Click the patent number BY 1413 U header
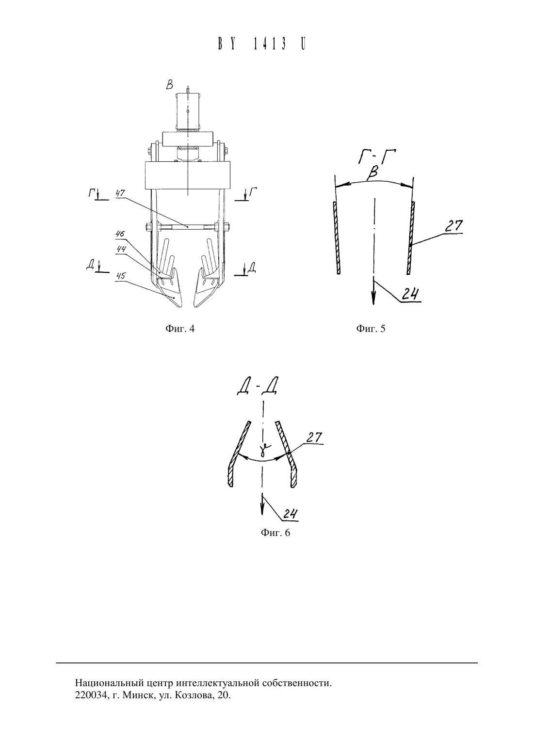(x=262, y=44)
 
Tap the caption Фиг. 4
(x=180, y=329)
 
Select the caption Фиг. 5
(x=371, y=329)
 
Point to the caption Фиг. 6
(x=275, y=533)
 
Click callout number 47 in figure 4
(x=120, y=193)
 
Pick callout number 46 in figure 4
(x=120, y=234)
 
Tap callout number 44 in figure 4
(x=121, y=249)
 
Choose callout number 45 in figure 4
(x=120, y=276)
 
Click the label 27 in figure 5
(x=454, y=226)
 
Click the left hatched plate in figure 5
(x=337, y=237)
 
